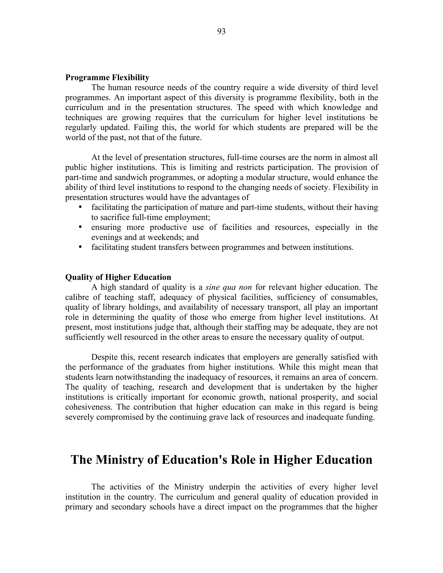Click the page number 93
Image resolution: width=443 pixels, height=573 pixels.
point(221,32)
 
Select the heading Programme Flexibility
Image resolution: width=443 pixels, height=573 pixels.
point(107,78)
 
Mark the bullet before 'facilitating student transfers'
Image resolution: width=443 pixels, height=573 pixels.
point(80,247)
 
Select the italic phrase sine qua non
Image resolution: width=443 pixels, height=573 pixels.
point(229,287)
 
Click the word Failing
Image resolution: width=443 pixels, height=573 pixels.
point(145,128)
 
